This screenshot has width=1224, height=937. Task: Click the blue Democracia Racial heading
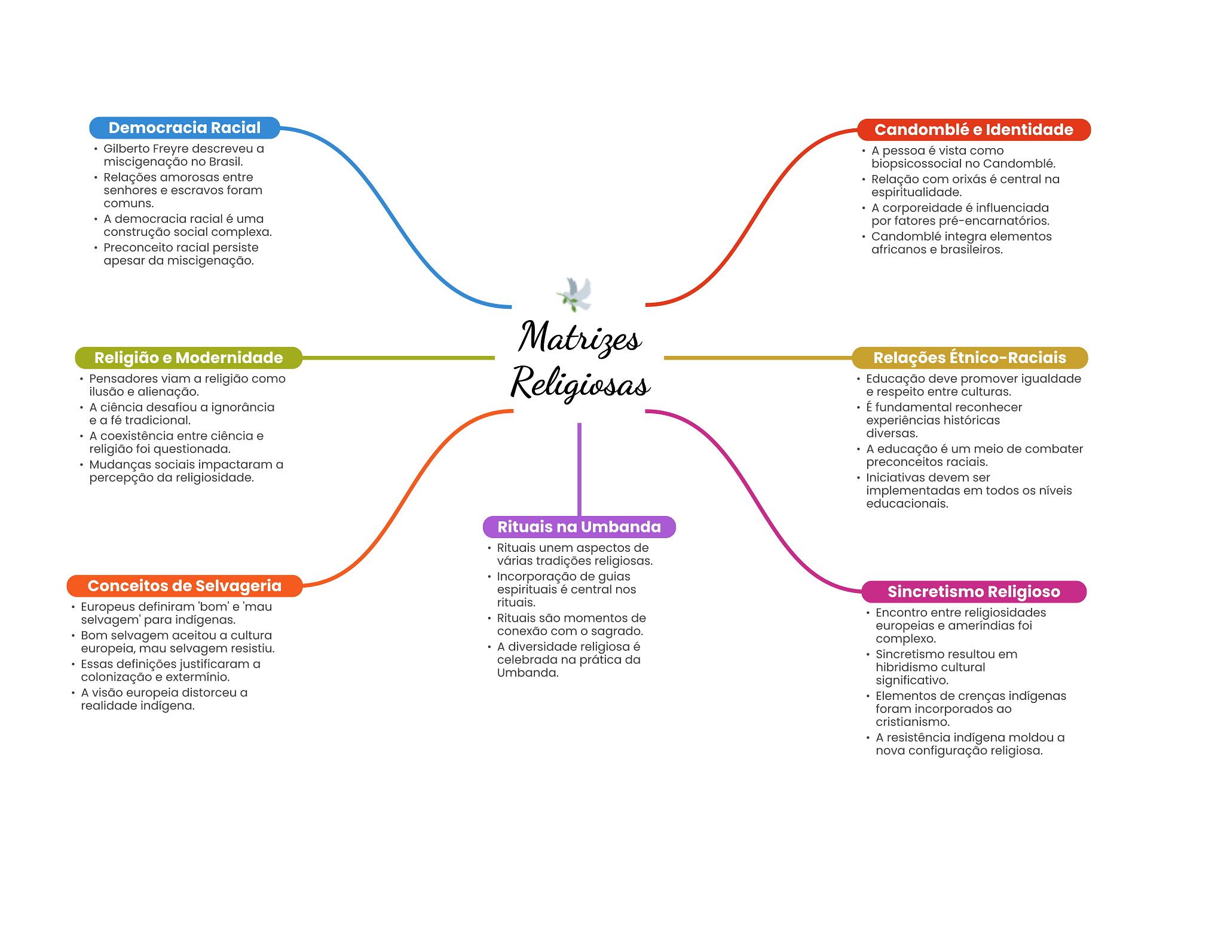pos(185,128)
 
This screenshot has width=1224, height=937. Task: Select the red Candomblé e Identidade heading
pos(974,130)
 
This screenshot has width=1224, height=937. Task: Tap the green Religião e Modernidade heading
pos(188,358)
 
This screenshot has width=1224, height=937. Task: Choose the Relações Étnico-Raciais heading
pos(969,358)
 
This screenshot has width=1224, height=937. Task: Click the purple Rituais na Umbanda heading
pos(579,527)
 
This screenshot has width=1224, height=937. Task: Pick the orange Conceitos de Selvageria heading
pos(184,586)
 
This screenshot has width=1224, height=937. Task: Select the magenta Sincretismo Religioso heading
pos(974,592)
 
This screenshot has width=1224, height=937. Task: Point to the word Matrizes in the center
pos(580,337)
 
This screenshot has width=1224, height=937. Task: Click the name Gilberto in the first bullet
pos(127,149)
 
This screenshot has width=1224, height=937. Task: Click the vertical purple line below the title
pos(579,469)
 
